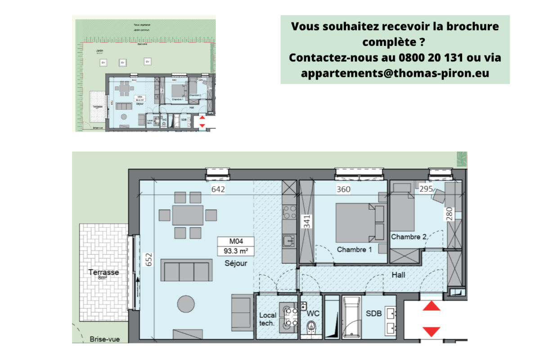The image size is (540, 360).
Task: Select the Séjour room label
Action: point(236,264)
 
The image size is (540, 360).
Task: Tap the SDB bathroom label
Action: point(374,314)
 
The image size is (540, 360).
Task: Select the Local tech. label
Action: point(267,319)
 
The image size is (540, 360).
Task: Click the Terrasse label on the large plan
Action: point(103,272)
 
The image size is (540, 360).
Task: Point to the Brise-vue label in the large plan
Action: point(104,339)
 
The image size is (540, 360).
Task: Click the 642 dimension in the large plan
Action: point(218,189)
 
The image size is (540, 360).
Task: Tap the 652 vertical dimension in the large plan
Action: point(148,260)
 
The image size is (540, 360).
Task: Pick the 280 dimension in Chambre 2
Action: point(449,214)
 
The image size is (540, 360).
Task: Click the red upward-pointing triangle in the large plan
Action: point(432,306)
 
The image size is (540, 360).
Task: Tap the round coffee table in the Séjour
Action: point(186,304)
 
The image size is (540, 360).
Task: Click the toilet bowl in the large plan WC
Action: point(311,326)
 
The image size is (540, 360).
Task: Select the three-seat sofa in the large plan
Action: point(186,270)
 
